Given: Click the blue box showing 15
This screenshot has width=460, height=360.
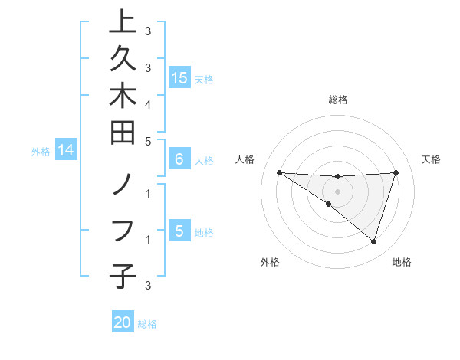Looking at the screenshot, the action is [179, 78].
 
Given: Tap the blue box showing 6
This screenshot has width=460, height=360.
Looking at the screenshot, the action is [179, 159].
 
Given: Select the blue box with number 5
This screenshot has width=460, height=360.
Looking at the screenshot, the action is [179, 231].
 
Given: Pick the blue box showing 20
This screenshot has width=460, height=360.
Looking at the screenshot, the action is [123, 322].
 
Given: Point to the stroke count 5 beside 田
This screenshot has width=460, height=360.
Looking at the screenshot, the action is [147, 141].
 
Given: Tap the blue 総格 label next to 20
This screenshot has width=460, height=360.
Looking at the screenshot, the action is [147, 324].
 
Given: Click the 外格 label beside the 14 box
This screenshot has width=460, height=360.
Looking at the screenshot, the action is [41, 152].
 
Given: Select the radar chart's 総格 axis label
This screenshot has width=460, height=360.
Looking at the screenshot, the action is [338, 100].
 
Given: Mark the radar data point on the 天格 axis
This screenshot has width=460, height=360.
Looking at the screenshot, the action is [396, 172].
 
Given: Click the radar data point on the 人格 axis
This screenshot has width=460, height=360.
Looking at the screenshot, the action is [279, 172].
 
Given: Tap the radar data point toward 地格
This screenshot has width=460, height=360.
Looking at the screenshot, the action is [373, 242].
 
